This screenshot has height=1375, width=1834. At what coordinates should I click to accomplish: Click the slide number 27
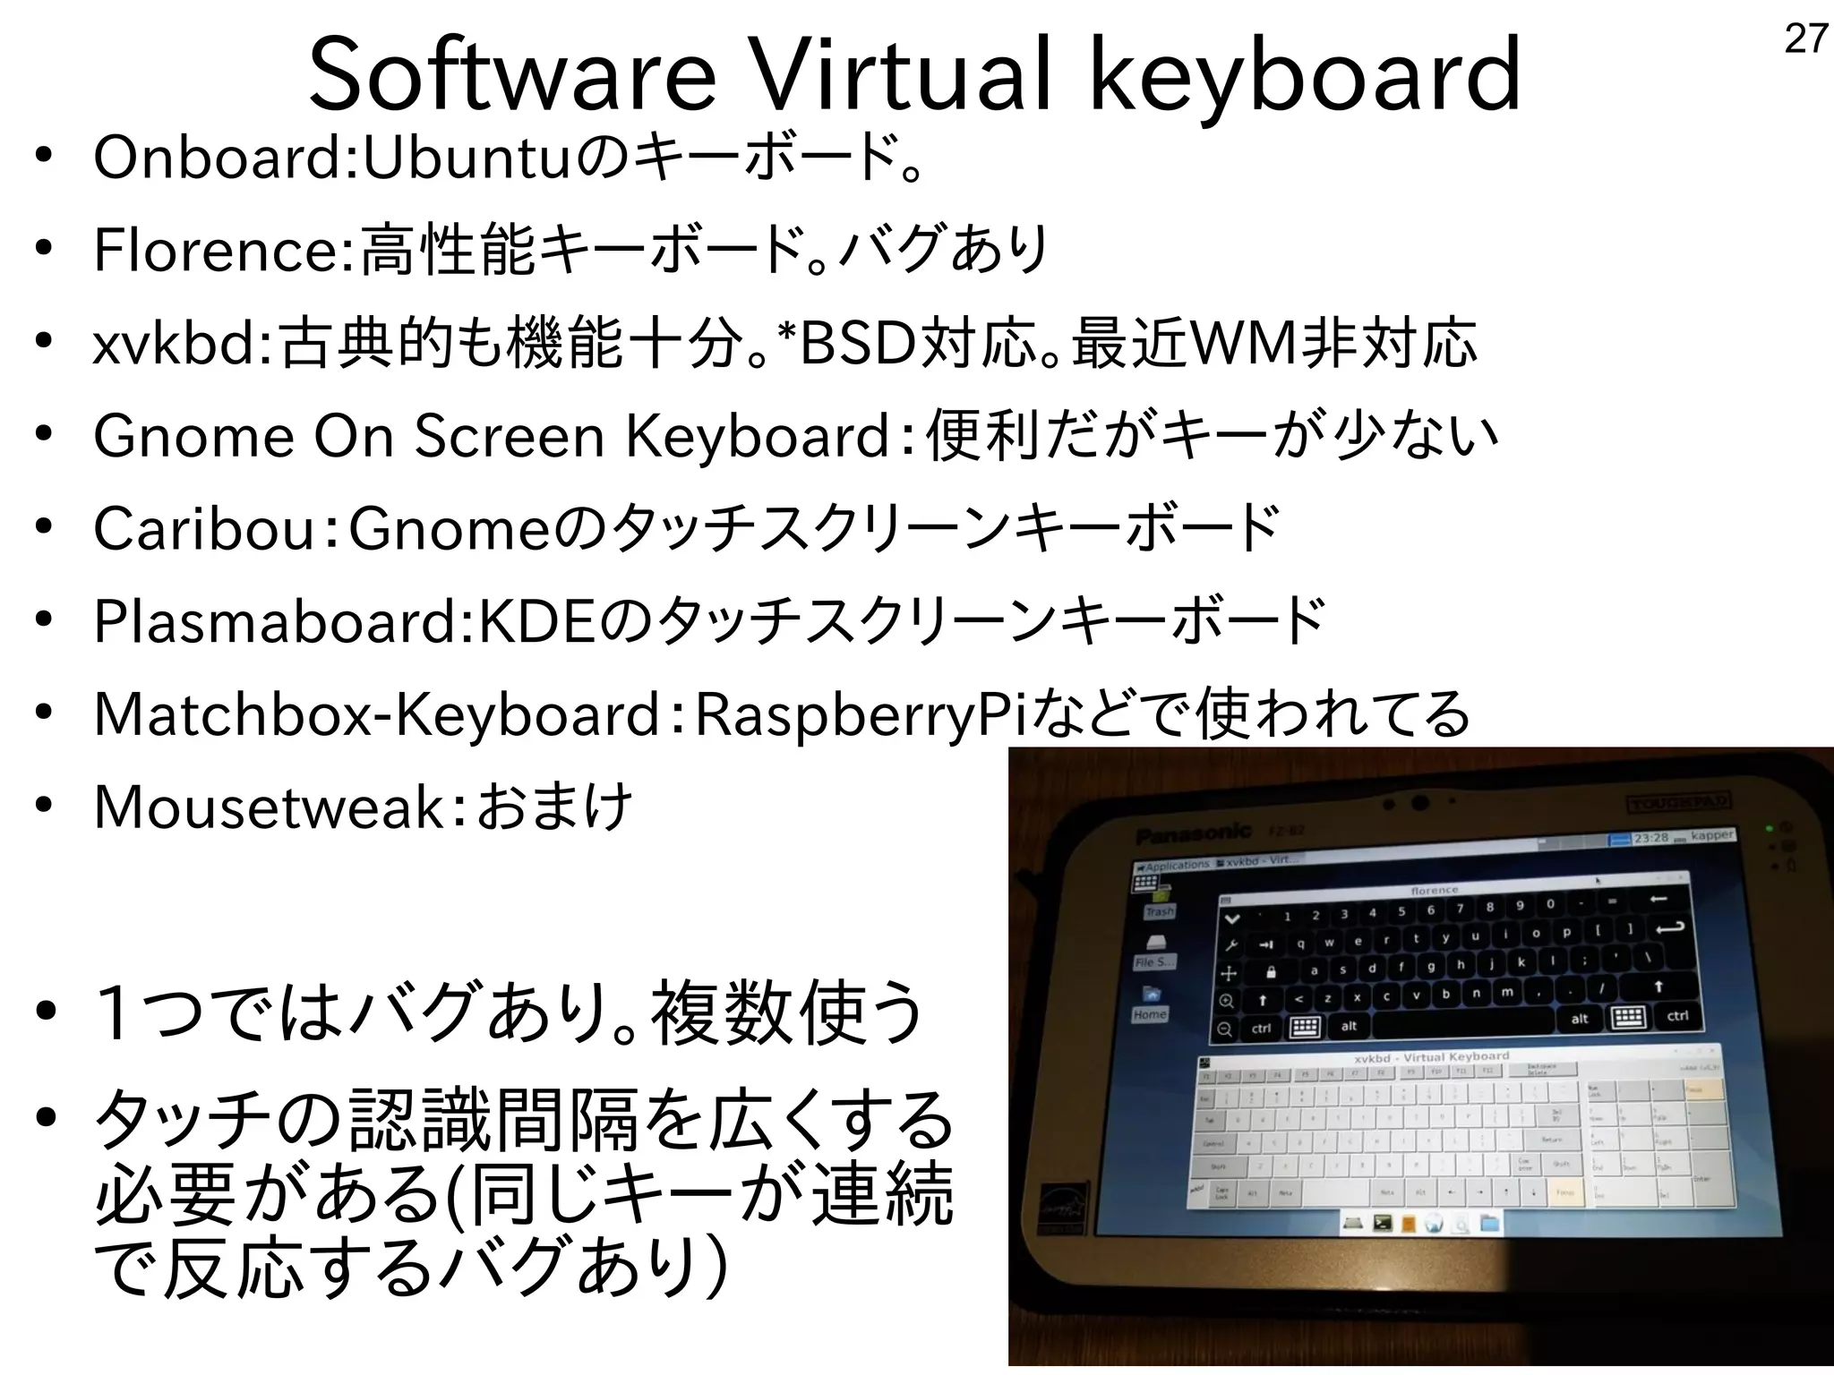(x=1805, y=39)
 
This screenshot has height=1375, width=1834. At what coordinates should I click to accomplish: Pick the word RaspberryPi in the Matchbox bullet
(x=861, y=716)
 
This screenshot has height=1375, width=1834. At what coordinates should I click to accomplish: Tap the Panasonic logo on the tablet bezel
(x=1193, y=834)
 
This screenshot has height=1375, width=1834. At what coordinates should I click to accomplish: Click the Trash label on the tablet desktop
(x=1159, y=911)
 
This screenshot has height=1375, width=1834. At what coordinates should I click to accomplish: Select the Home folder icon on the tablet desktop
(x=1151, y=995)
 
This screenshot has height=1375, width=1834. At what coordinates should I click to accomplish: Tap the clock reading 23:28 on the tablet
(x=1650, y=838)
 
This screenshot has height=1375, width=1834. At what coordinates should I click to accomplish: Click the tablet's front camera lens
(x=1419, y=801)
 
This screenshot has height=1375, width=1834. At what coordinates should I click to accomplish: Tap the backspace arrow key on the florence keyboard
(x=1658, y=899)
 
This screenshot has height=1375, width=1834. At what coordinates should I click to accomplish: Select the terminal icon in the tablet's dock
(x=1382, y=1222)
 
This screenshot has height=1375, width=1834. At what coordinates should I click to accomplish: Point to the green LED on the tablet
(x=1770, y=828)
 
